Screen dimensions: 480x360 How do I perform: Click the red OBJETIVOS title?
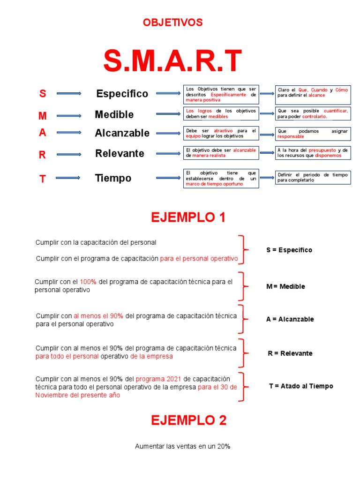[172, 22]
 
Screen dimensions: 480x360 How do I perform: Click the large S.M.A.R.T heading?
[172, 61]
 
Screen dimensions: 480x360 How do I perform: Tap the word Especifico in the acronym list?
[122, 94]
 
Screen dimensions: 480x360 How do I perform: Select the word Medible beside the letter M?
[114, 114]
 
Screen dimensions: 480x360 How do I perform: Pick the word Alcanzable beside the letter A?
[122, 133]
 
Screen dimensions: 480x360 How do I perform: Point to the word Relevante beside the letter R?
[120, 153]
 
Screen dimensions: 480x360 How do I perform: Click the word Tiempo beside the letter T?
[113, 178]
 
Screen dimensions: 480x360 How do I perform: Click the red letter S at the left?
[43, 94]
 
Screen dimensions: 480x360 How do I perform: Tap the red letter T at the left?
[43, 179]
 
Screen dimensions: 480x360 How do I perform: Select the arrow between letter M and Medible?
[69, 115]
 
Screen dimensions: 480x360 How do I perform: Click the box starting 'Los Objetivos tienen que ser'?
[221, 94]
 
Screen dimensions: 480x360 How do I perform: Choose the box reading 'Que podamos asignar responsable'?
[312, 134]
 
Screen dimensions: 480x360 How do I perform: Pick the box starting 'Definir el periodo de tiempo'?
[312, 177]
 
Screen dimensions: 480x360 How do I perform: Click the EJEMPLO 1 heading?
[188, 217]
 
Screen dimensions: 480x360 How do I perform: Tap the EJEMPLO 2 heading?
[188, 420]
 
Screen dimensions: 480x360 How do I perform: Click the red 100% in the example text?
[88, 282]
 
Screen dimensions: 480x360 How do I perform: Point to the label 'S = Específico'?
[289, 250]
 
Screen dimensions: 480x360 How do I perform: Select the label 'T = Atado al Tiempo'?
[301, 386]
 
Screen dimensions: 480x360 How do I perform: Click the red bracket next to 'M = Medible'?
[241, 286]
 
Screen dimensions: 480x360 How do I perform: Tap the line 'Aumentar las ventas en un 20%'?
[182, 447]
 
